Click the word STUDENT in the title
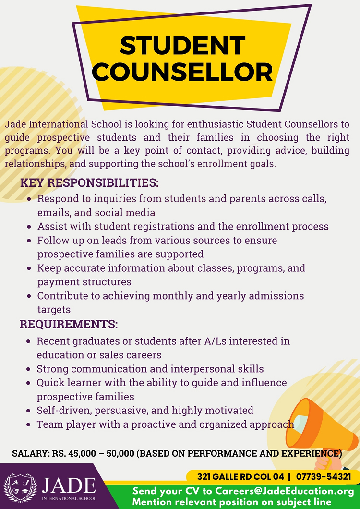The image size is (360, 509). coord(182,46)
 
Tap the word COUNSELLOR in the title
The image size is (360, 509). coord(182,72)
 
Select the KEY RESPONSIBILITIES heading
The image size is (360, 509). coord(89,183)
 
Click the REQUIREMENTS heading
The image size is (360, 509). coord(69,324)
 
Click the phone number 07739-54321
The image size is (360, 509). coord(324,477)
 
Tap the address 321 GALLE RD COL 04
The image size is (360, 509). coord(240,477)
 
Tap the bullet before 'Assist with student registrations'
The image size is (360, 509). coord(30,227)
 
